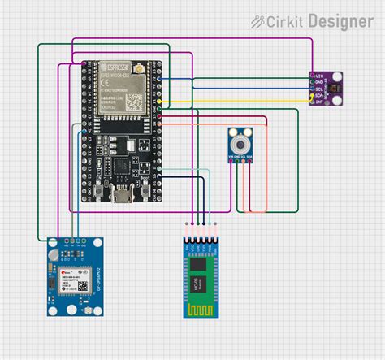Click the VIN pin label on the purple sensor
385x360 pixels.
[x=320, y=76]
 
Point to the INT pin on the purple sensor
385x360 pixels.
[x=320, y=101]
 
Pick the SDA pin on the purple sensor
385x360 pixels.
[x=320, y=94]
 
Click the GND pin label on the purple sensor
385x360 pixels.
[x=320, y=82]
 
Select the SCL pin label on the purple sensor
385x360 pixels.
[x=320, y=89]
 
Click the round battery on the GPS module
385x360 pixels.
[x=54, y=269]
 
